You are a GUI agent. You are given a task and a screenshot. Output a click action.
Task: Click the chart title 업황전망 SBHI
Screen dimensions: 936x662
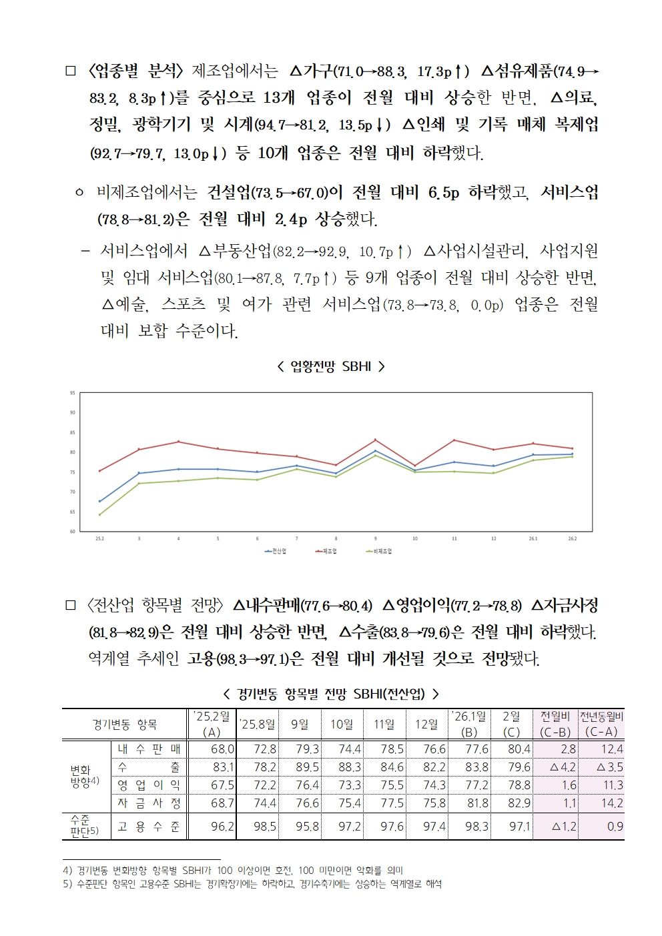click(331, 366)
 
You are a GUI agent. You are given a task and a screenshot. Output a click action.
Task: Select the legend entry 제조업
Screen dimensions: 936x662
click(326, 551)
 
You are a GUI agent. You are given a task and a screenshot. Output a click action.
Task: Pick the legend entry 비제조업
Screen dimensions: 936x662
click(380, 551)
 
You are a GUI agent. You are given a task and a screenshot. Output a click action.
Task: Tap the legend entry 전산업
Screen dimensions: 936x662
click(276, 551)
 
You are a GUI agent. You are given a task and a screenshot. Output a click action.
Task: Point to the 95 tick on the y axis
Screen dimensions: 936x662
click(72, 393)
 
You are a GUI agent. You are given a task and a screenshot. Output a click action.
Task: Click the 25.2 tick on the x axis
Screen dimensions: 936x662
click(99, 538)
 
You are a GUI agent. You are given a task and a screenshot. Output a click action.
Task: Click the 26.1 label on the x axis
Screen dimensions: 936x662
click(533, 538)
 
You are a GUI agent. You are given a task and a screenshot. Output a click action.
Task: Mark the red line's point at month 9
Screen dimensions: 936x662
click(375, 440)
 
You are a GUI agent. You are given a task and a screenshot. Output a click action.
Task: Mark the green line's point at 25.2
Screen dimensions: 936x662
click(99, 514)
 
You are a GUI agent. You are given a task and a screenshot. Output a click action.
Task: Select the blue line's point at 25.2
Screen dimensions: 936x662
click(99, 501)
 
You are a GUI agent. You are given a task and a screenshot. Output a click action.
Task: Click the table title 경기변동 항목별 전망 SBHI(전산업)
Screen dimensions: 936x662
click(331, 694)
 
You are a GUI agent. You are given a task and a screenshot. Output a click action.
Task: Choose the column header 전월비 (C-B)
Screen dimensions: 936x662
click(555, 724)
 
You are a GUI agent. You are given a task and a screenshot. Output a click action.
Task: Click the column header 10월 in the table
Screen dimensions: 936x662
click(342, 724)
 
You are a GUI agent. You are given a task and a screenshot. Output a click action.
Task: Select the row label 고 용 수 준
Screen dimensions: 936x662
click(149, 827)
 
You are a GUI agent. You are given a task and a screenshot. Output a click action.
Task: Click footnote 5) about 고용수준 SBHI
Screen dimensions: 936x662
click(252, 884)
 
